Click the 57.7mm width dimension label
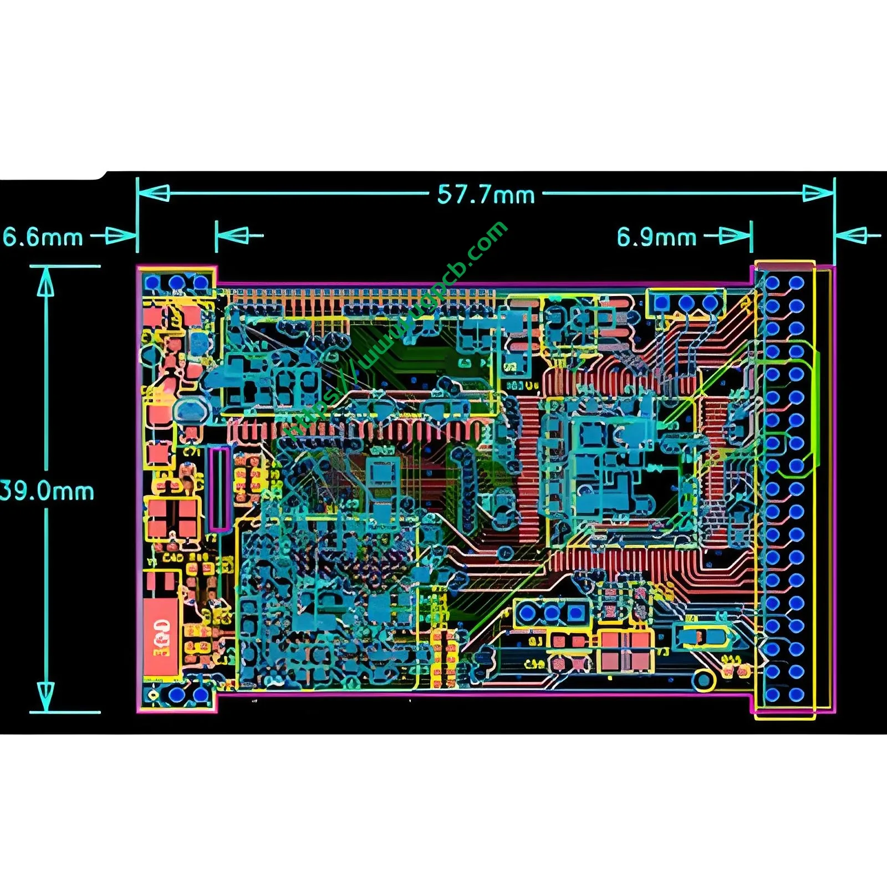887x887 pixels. click(486, 195)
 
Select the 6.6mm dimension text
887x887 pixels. click(43, 237)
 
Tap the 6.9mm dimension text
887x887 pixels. click(656, 237)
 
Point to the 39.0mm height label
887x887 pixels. click(47, 491)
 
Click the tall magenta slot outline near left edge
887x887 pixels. click(220, 489)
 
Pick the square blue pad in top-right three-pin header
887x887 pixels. click(661, 303)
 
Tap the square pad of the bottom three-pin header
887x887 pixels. click(576, 613)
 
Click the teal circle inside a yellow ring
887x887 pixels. click(703, 680)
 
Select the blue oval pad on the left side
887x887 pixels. click(191, 411)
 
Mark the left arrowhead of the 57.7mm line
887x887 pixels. click(155, 193)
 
